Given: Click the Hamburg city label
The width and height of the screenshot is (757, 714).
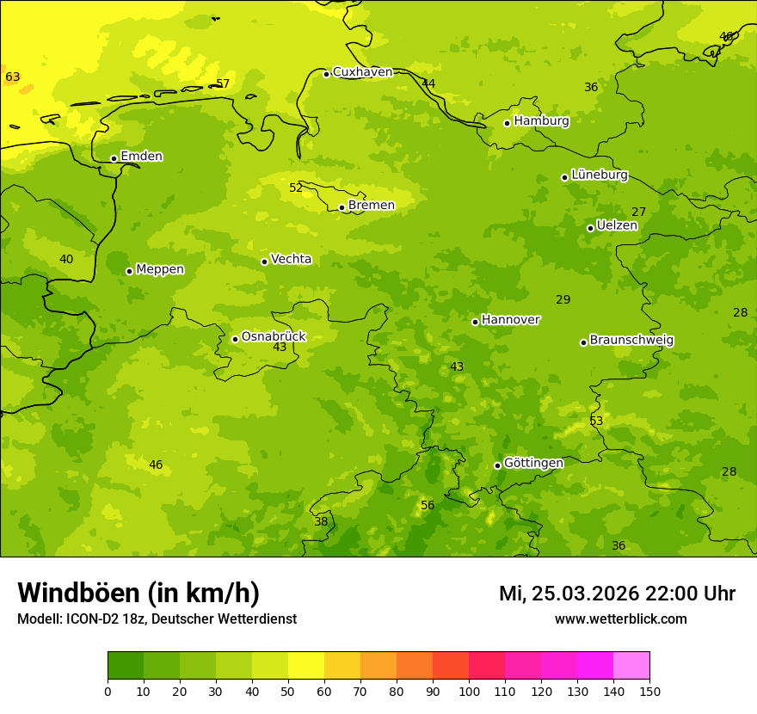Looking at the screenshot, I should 541,121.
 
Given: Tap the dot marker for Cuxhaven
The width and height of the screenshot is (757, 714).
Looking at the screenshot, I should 326,74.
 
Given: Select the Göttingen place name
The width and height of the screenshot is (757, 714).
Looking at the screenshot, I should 533,464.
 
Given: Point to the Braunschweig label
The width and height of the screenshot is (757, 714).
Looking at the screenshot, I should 631,341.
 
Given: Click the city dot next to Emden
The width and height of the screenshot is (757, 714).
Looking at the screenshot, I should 114,158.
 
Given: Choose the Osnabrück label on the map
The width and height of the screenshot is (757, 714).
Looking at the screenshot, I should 273,337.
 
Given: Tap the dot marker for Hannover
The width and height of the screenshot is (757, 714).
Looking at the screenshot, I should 475,322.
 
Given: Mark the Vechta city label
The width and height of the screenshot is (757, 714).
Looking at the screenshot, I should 291,259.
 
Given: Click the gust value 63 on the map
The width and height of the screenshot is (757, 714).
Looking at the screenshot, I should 13,77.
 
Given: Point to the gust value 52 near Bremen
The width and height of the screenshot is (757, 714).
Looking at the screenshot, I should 296,188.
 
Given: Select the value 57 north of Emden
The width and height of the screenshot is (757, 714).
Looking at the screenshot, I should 223,83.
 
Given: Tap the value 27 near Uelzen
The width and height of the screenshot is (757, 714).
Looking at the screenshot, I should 638,212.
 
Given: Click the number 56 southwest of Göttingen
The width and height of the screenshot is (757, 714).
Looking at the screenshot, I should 428,505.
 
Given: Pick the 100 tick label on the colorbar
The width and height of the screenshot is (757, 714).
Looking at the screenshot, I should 469,691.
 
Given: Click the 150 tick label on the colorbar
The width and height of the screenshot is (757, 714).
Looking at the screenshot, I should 649,691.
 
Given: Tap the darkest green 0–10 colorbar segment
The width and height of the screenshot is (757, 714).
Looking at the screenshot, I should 126,665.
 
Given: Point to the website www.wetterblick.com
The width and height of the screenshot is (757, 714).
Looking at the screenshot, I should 620,619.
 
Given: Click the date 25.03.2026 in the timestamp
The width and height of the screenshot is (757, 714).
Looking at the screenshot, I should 585,594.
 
